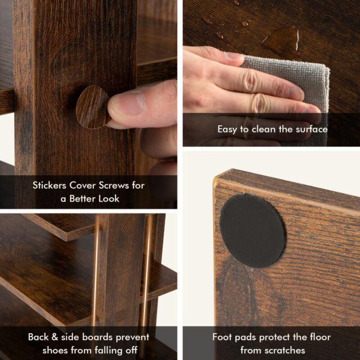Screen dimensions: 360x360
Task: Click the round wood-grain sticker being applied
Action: click(92, 107)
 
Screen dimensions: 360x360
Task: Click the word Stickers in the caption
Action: click(50, 185)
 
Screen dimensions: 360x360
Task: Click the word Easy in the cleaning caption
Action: click(227, 129)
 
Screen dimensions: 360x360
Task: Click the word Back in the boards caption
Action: click(38, 337)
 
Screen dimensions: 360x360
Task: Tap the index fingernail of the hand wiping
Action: click(233, 56)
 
